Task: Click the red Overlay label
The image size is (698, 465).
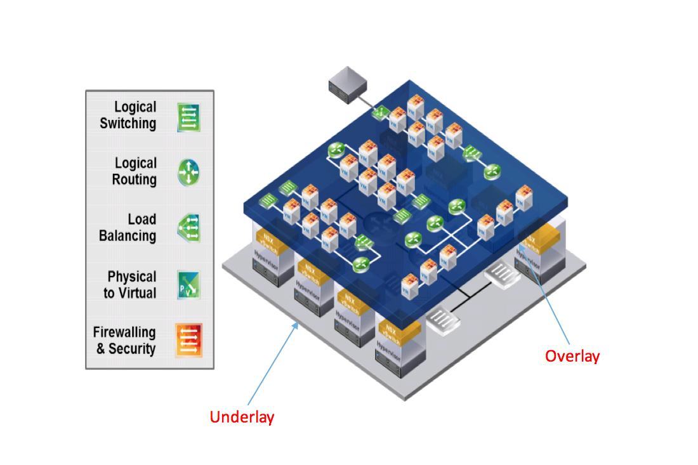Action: pyautogui.click(x=572, y=356)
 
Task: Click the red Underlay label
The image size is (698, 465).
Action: pyautogui.click(x=242, y=417)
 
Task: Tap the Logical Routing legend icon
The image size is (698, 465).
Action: pyautogui.click(x=188, y=172)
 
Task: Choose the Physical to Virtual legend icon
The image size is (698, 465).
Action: pyautogui.click(x=188, y=285)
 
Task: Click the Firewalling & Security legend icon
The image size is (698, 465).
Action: pyautogui.click(x=188, y=340)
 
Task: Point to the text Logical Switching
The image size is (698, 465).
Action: pyautogui.click(x=128, y=115)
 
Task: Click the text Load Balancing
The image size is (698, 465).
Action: pyautogui.click(x=128, y=227)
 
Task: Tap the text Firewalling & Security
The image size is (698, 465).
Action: pyautogui.click(x=124, y=340)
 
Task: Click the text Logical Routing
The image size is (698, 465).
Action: pyautogui.click(x=135, y=171)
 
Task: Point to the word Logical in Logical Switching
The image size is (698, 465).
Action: pyautogui.click(x=135, y=107)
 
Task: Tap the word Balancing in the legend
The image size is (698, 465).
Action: pyautogui.click(x=128, y=235)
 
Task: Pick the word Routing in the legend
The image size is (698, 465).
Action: pyautogui.click(x=135, y=180)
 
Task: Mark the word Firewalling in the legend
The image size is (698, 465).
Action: pyautogui.click(x=124, y=332)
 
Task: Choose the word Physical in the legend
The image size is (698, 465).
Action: pyautogui.click(x=132, y=277)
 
